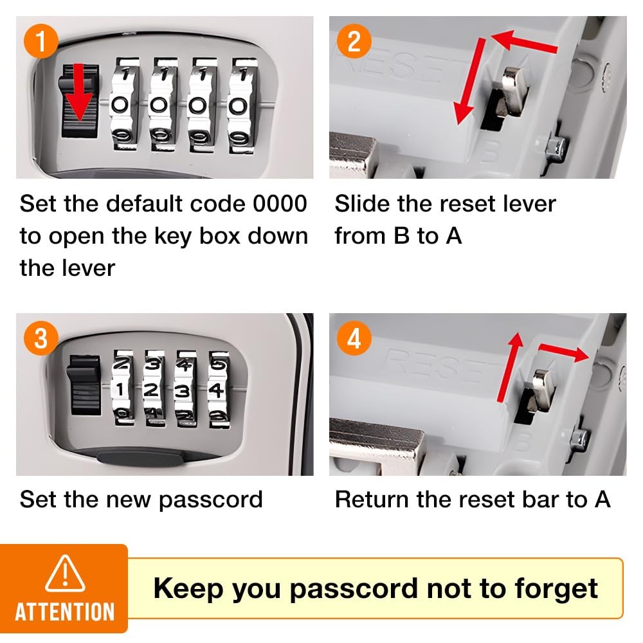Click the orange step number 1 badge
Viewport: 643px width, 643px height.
(x=41, y=42)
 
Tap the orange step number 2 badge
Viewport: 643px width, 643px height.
(x=354, y=42)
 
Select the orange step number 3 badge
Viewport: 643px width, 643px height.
(x=41, y=338)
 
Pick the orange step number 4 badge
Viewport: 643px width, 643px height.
(x=354, y=338)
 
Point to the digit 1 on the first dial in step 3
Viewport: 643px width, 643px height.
(x=121, y=389)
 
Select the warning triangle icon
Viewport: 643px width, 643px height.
(x=64, y=573)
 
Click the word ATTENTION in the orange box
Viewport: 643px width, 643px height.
(x=64, y=611)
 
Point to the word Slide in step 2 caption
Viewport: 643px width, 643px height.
(x=361, y=204)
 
